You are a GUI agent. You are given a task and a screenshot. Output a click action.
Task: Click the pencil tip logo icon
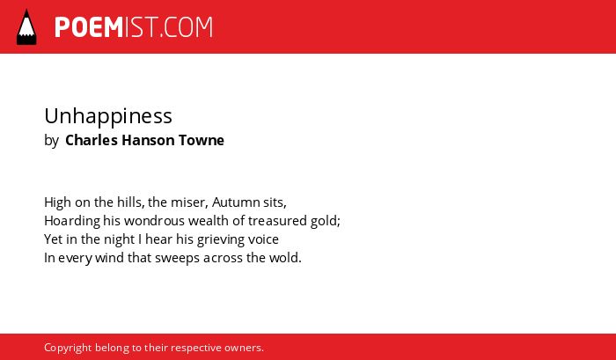(x=26, y=27)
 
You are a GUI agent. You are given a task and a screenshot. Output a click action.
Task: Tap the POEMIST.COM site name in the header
(x=134, y=27)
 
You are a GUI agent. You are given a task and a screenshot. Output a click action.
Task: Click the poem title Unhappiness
(x=108, y=117)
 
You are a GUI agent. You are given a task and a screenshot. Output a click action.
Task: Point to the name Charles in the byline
(x=92, y=140)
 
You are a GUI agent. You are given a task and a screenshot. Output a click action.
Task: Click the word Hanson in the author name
(x=148, y=140)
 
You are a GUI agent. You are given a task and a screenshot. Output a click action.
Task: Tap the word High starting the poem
(x=57, y=202)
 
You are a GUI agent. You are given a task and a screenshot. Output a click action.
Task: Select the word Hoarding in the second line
(x=72, y=221)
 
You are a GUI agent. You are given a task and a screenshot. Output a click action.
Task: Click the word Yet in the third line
(x=51, y=239)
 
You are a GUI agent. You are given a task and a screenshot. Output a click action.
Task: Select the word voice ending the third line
(x=263, y=239)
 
